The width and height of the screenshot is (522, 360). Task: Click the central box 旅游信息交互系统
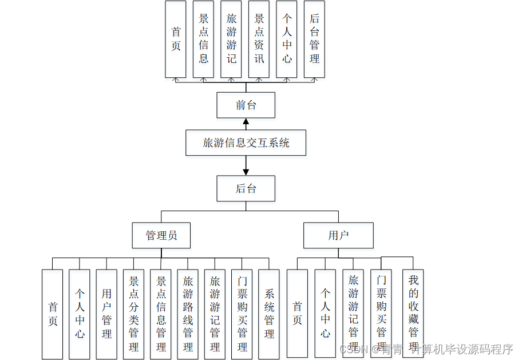(246, 143)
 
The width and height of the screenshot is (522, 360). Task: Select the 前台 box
(246, 105)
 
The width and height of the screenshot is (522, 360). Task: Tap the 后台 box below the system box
(246, 188)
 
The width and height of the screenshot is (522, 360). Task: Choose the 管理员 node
(161, 235)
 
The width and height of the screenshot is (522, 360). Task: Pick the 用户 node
(338, 235)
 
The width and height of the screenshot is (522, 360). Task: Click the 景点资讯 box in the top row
(259, 39)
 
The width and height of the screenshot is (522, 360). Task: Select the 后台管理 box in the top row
(314, 39)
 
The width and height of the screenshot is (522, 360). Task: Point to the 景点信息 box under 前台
(203, 39)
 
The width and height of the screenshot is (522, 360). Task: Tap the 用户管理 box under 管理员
(106, 314)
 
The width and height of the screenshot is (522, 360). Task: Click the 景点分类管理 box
(133, 314)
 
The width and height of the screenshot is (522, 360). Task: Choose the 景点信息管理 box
(161, 314)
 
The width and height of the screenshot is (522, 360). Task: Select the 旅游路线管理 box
(188, 314)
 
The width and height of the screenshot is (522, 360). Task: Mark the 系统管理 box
(269, 314)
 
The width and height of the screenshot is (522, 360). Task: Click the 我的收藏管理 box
(413, 314)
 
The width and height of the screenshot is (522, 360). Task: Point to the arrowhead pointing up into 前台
(246, 121)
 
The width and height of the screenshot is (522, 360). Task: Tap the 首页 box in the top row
(176, 39)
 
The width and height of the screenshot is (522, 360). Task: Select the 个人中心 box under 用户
(325, 314)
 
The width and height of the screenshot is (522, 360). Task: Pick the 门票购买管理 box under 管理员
(242, 314)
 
